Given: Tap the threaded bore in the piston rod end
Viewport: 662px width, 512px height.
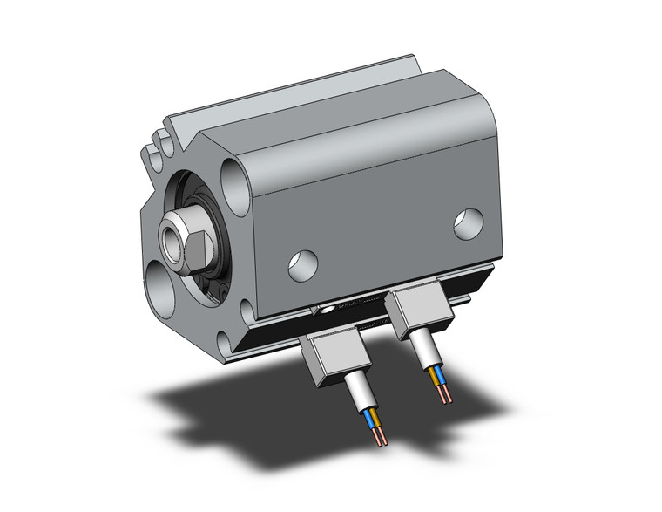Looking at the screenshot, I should click(x=170, y=236).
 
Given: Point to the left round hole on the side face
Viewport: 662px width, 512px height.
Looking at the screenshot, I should click(x=302, y=263).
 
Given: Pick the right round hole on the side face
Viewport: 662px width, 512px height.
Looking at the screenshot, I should click(x=468, y=223).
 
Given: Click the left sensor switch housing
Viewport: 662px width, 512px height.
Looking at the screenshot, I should click(x=333, y=358).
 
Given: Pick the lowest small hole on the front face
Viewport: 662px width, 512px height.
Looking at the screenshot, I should click(x=249, y=307).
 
